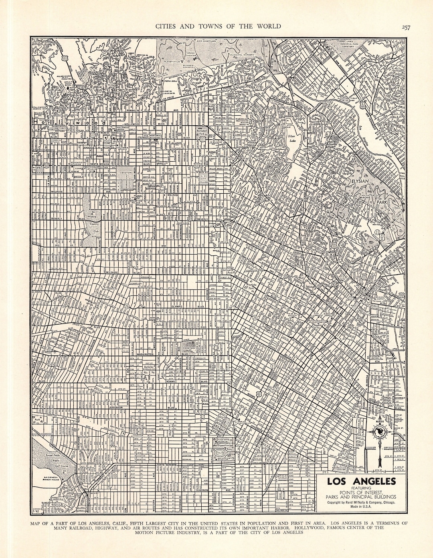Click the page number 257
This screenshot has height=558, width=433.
click(405, 27)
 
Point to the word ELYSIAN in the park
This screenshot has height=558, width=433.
click(361, 181)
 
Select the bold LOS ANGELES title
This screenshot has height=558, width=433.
click(361, 481)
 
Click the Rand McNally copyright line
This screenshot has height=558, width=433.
click(361, 502)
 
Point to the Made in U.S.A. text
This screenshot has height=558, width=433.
click(361, 508)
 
